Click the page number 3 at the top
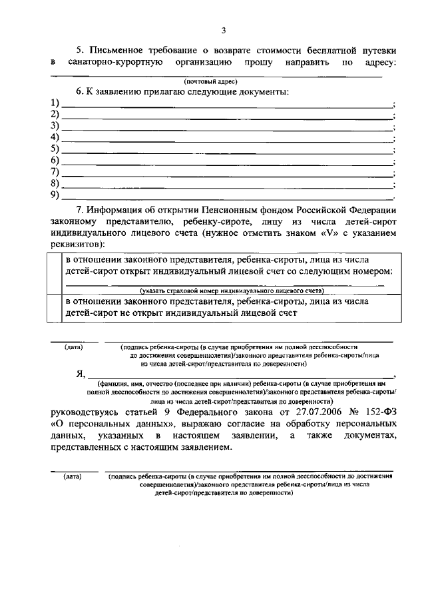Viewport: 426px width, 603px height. tap(224, 30)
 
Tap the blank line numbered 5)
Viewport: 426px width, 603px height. tap(226, 149)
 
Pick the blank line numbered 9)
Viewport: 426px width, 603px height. tap(226, 197)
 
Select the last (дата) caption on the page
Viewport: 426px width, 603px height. tap(72, 477)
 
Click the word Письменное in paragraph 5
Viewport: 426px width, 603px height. tap(123, 50)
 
